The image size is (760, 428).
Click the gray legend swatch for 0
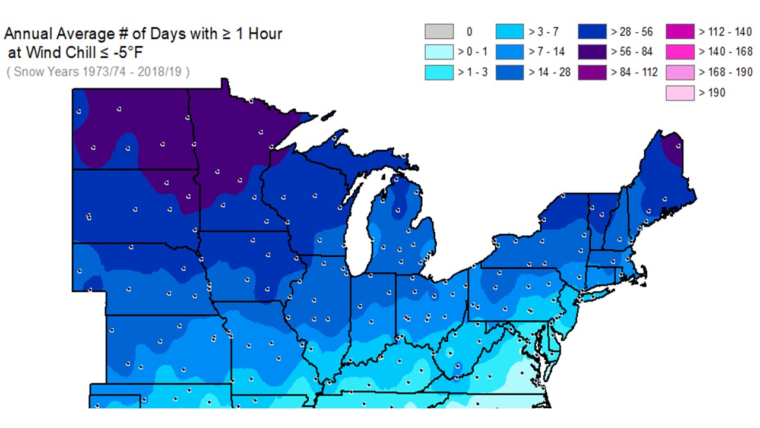[x=439, y=32]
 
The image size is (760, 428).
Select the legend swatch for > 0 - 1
[x=439, y=52]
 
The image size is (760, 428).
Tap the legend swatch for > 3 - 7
[x=510, y=32]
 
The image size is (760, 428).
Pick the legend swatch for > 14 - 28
[x=510, y=72]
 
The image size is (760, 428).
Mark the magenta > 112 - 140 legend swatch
[x=680, y=32]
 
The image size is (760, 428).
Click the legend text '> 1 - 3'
[x=473, y=72]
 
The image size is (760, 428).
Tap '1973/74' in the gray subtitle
[x=97, y=73]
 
